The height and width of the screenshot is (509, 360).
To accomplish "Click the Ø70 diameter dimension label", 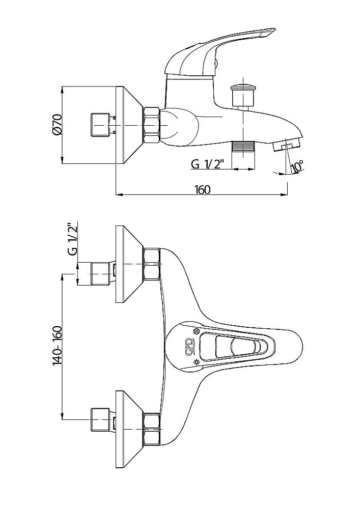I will point(58,125).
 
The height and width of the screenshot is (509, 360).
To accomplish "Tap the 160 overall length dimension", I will point(202,189).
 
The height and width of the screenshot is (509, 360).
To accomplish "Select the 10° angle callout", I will point(297,166).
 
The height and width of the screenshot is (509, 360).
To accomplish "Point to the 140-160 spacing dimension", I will point(58,346).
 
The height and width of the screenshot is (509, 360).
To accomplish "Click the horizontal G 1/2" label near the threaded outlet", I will point(208,164).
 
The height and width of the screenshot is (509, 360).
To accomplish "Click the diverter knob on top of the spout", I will point(242,95).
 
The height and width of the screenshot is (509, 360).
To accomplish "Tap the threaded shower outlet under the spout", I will point(243,147).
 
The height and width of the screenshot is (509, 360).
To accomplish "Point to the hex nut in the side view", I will point(152,125).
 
